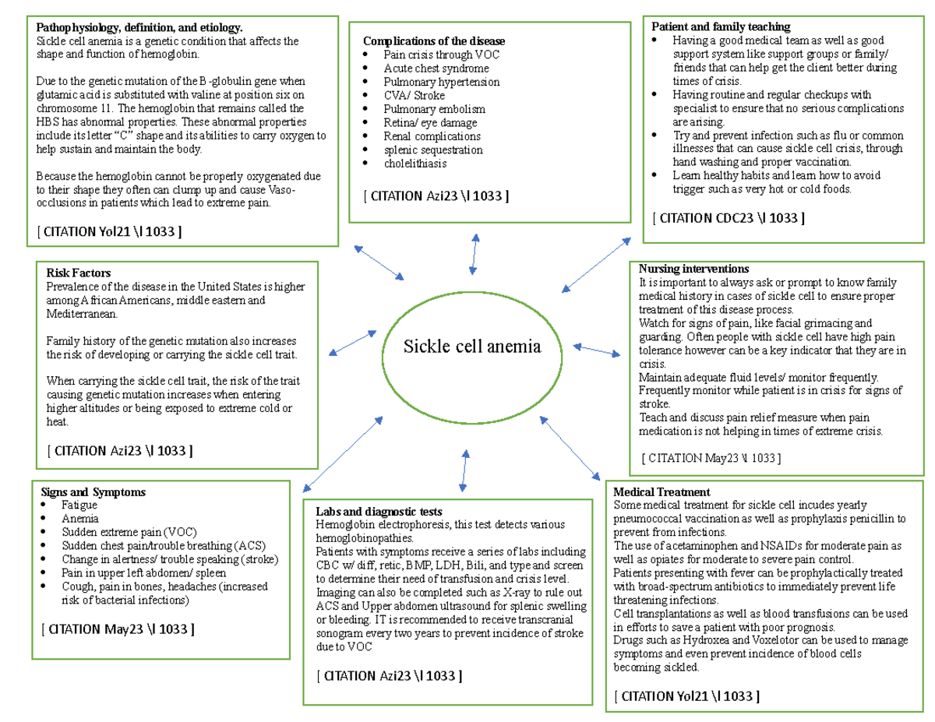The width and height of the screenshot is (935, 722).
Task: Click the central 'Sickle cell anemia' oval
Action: (472, 347)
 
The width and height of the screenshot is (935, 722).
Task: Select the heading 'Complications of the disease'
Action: (434, 41)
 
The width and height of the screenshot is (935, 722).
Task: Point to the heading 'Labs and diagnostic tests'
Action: (379, 512)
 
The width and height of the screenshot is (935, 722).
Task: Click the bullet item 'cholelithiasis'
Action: (415, 164)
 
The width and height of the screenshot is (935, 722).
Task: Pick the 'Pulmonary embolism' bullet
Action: (434, 109)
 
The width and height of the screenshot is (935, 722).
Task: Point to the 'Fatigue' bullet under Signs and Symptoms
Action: (79, 505)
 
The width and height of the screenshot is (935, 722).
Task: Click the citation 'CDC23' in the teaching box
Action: (728, 218)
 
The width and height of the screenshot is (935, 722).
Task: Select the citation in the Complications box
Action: (436, 196)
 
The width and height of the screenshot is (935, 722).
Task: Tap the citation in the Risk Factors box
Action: (120, 450)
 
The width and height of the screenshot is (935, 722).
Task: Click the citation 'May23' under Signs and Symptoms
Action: (113, 629)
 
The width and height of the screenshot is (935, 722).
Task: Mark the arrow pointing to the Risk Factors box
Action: (353, 343)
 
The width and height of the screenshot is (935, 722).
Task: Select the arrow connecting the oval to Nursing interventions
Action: (597, 350)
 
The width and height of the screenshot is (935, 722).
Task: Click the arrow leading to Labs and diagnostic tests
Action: (464, 470)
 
